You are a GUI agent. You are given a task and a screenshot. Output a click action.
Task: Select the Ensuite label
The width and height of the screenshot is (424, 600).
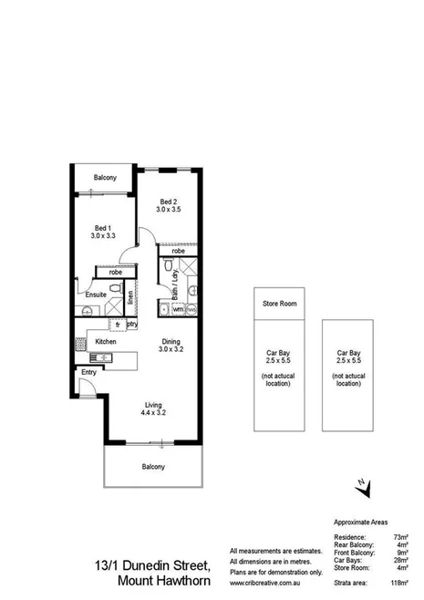97,295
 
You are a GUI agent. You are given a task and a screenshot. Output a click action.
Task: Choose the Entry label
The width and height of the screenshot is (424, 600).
88,372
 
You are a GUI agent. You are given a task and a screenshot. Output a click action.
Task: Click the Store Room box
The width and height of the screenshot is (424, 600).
281,302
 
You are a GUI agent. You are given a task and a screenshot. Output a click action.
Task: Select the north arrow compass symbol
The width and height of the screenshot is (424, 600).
363,488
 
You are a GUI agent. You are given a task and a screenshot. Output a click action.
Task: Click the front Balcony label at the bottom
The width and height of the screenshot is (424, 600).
152,467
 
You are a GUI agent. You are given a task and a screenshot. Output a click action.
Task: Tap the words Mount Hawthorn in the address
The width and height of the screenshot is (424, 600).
165,580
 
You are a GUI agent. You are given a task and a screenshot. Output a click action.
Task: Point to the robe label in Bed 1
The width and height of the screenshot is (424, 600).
116,272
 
